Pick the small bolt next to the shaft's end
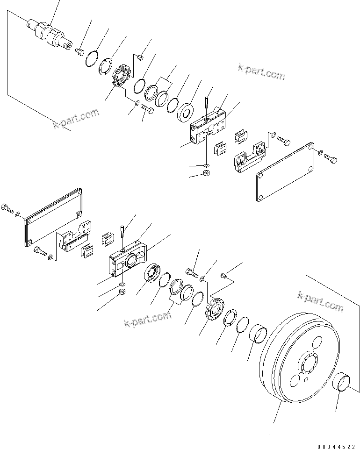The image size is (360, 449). click(x=79, y=50)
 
